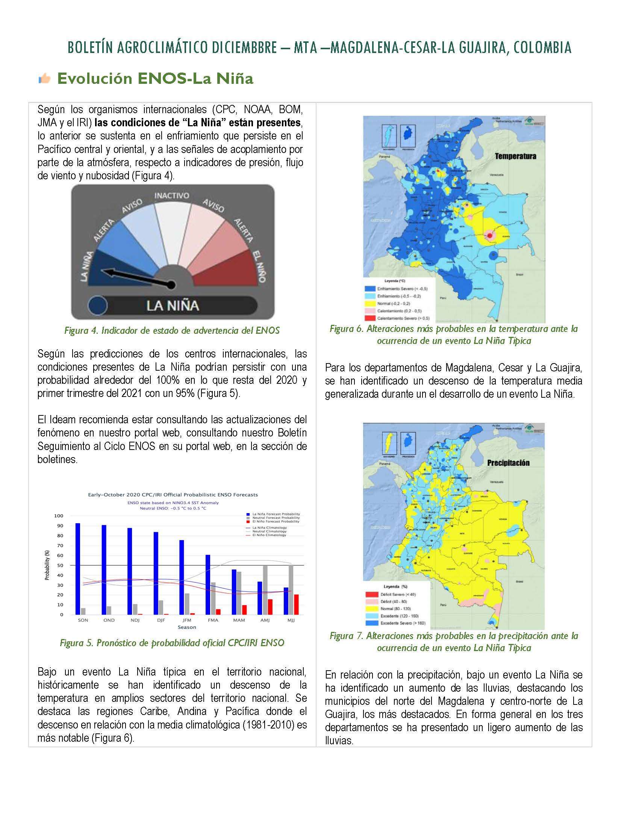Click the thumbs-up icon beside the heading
click(44, 79)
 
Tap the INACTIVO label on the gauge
click(171, 195)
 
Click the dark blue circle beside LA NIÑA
click(97, 305)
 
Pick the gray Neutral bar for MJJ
click(291, 589)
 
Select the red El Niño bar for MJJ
click(297, 604)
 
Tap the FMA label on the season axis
click(213, 620)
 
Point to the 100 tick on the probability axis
click(59, 516)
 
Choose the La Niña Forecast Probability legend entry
click(276, 514)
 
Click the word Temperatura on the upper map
click(515, 156)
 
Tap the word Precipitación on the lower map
click(508, 463)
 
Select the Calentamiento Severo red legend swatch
click(370, 318)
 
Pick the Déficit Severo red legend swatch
click(371, 594)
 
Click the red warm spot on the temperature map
click(489, 236)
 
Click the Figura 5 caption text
click(172, 642)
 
